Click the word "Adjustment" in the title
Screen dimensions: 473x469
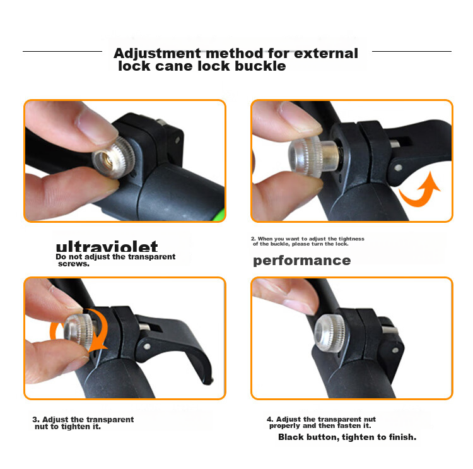point(157,54)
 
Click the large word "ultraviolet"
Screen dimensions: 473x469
point(107,247)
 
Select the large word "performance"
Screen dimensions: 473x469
point(301,261)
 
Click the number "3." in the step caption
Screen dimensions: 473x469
point(36,420)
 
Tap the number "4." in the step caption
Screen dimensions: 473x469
point(270,419)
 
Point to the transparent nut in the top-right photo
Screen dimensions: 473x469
point(311,155)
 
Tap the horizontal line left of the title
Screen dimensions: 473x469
point(62,51)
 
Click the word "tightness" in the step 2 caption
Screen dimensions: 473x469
point(351,239)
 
